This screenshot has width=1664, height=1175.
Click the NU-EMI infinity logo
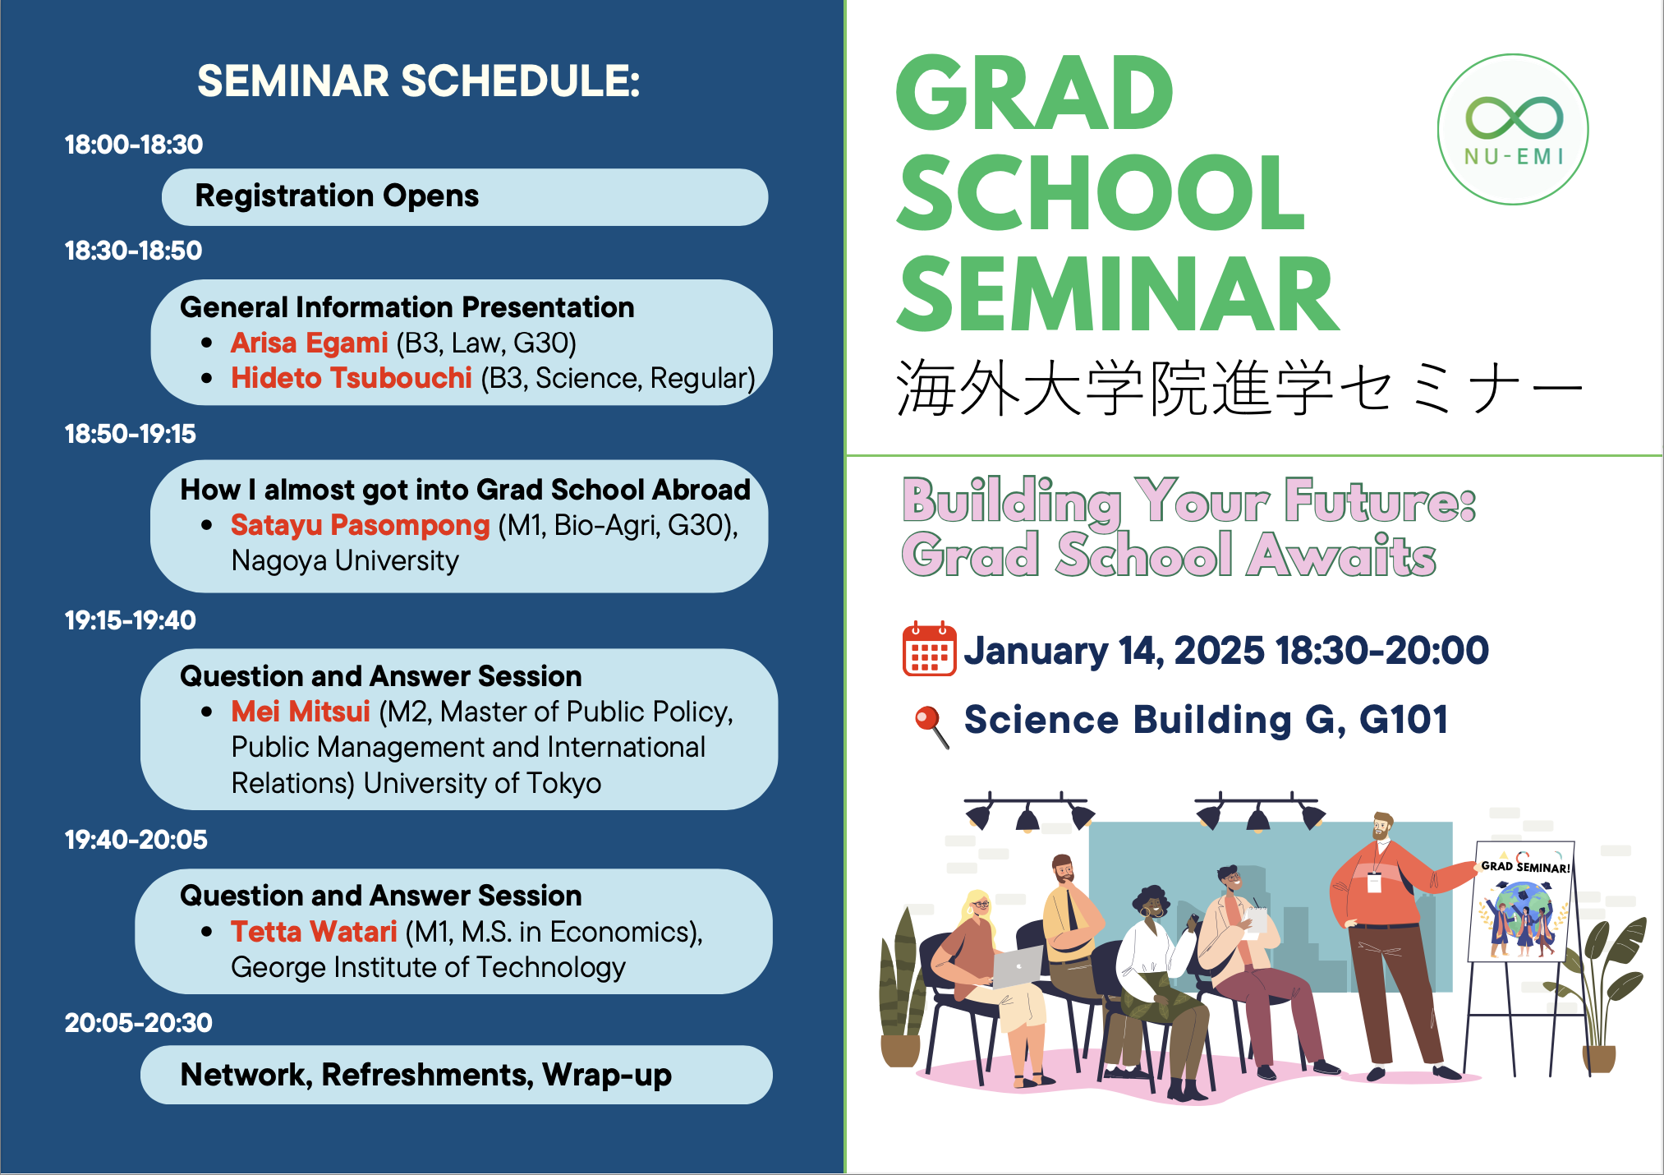(x=1513, y=130)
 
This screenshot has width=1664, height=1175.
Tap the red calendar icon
(x=929, y=649)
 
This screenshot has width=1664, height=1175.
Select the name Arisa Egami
(x=309, y=343)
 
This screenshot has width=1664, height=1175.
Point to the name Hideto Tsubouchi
(x=352, y=378)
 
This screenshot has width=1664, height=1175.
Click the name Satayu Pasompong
(x=360, y=525)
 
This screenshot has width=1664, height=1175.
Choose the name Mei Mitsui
(x=301, y=712)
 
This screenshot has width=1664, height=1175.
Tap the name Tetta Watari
(x=314, y=932)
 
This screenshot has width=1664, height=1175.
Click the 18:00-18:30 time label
(x=134, y=145)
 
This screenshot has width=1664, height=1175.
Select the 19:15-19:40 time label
(x=131, y=620)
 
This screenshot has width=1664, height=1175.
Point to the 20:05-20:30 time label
(x=138, y=1023)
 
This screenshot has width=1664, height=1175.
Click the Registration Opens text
(x=337, y=196)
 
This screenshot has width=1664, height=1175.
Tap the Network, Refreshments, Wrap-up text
(x=425, y=1076)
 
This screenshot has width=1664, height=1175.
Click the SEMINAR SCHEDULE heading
(x=418, y=81)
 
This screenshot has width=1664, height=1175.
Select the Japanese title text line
(x=1239, y=387)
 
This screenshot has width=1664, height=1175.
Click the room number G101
(x=1403, y=720)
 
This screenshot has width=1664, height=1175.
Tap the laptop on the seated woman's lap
(x=1017, y=966)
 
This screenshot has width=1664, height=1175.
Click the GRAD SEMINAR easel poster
(x=1521, y=901)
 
